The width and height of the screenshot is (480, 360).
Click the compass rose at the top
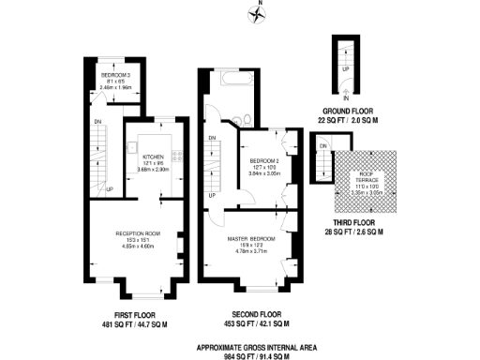coord(260,13)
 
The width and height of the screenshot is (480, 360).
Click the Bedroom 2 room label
coord(261,162)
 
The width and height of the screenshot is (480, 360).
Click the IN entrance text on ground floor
coord(345,97)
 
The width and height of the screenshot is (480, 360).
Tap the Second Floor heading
coord(257,313)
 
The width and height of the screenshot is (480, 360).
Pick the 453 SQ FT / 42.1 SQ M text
coord(257,323)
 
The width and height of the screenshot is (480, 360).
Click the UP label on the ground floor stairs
coord(346,68)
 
